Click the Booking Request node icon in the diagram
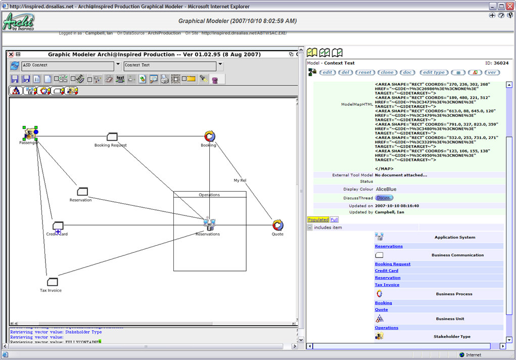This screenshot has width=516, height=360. coord(112,137)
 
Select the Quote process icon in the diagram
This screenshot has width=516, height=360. coord(277,225)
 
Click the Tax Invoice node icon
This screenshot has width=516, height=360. coord(52,282)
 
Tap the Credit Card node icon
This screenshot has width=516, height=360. coord(58,226)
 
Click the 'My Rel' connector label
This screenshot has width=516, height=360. coord(240,180)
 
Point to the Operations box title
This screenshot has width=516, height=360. coord(209,195)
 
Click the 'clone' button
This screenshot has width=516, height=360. coord(387,72)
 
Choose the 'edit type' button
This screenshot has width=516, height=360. coord(434,72)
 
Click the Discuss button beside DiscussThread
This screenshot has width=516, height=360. coord(384,198)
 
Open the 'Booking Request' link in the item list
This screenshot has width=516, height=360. coord(393,264)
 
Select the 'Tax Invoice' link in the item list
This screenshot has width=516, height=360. coord(387,285)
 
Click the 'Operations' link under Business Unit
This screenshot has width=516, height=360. coord(386,328)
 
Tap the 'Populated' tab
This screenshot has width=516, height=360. coord(318,219)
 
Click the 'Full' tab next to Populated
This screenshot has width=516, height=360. coord(334,219)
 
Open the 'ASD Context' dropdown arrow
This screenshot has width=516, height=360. coord(118,65)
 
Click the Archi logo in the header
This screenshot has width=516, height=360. coord(19,22)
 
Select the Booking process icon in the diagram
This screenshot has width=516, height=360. coord(209,136)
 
